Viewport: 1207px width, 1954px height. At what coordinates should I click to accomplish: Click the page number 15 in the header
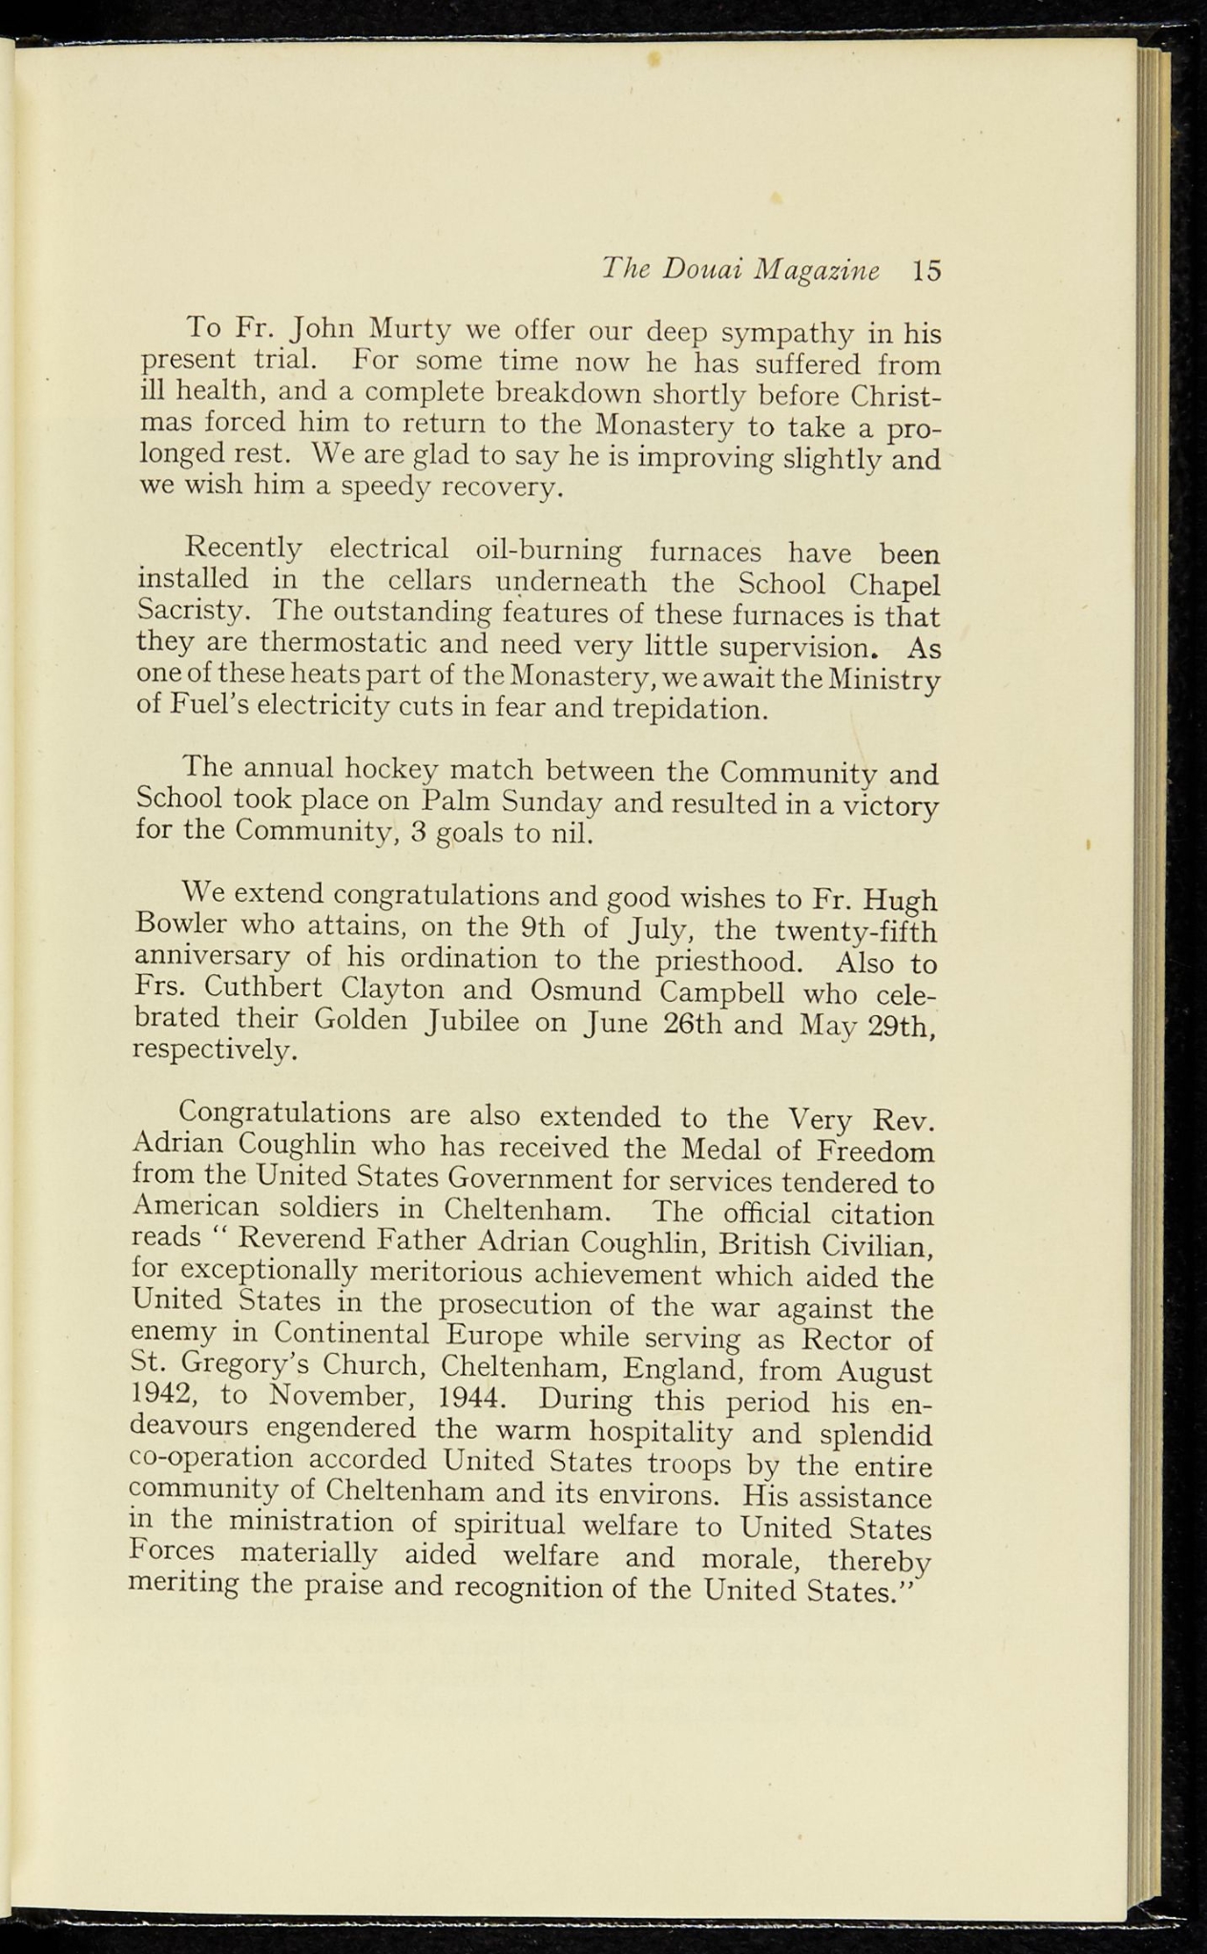tap(926, 271)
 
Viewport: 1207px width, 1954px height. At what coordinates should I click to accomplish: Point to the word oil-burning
tap(548, 551)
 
